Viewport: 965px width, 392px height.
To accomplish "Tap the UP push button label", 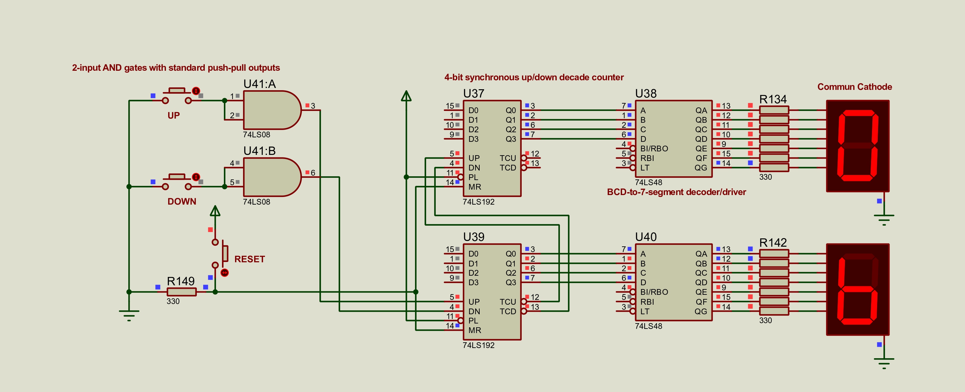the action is pyautogui.click(x=174, y=115).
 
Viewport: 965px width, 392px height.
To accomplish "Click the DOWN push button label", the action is pyautogui.click(x=182, y=202).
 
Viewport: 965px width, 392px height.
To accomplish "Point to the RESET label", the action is pyautogui.click(x=249, y=259).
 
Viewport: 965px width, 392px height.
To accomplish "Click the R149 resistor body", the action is pyautogui.click(x=181, y=292).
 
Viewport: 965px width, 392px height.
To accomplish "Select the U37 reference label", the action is pyautogui.click(x=474, y=93).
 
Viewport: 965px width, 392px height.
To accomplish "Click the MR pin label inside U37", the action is pyautogui.click(x=474, y=187).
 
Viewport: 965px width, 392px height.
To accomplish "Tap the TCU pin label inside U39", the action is pyautogui.click(x=508, y=302).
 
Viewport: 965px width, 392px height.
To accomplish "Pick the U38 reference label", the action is pyautogui.click(x=646, y=93).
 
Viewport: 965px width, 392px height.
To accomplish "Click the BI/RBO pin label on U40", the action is pyautogui.click(x=654, y=292).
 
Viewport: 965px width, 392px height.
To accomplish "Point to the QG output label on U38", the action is pyautogui.click(x=701, y=168).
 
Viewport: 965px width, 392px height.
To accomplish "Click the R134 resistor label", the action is pyautogui.click(x=773, y=99).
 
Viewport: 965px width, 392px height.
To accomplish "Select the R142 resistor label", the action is pyautogui.click(x=773, y=243).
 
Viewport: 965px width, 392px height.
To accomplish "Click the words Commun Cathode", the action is pyautogui.click(x=854, y=87).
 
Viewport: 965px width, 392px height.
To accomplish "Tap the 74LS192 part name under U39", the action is pyautogui.click(x=478, y=345).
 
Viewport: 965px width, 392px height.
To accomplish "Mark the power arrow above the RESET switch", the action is pyautogui.click(x=215, y=211).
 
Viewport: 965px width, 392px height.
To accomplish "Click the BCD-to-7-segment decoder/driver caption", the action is pyautogui.click(x=676, y=192).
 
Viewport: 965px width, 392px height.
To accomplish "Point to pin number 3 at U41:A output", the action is pyautogui.click(x=313, y=106).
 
